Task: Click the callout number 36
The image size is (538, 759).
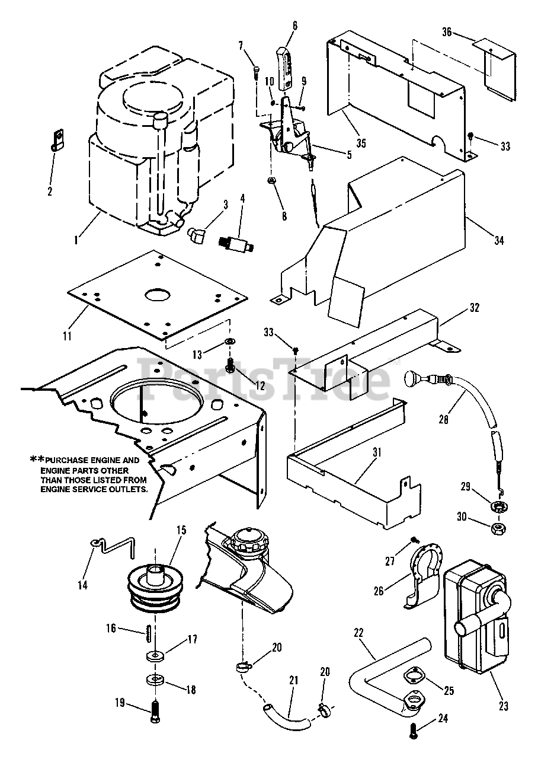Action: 447,32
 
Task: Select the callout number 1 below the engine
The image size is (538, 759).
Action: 76,240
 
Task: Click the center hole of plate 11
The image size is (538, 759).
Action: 158,295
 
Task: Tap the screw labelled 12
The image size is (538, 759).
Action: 232,365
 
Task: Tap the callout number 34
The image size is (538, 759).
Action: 499,241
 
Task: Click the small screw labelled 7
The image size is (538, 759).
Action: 257,72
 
